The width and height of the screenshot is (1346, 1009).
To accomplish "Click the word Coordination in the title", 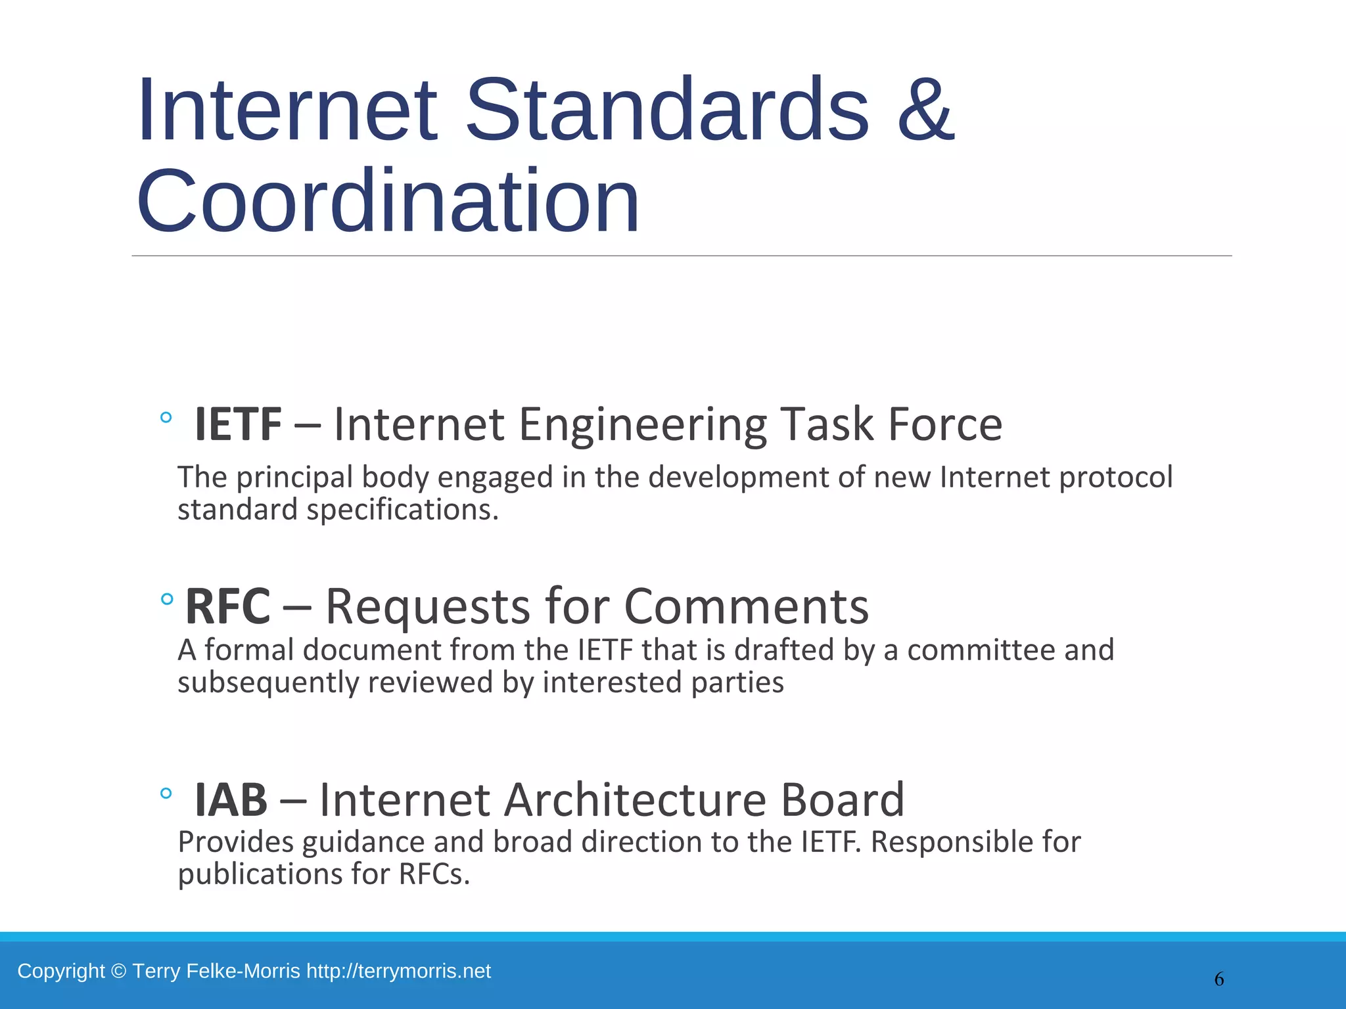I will (388, 202).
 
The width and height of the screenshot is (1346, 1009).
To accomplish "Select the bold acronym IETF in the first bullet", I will (238, 424).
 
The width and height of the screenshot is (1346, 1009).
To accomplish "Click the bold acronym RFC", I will (227, 606).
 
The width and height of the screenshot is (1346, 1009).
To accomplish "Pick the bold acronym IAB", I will (231, 800).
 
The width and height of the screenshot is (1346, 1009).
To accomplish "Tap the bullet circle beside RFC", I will (167, 598).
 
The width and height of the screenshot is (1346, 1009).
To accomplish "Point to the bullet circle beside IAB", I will (166, 794).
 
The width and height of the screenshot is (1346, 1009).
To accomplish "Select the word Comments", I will (746, 606).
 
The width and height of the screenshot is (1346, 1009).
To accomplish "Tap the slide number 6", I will (1219, 979).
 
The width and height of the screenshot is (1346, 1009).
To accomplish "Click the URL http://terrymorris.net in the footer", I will (398, 971).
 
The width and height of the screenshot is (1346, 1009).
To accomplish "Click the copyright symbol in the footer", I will (118, 971).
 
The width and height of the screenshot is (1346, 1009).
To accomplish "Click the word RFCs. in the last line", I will (434, 875).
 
